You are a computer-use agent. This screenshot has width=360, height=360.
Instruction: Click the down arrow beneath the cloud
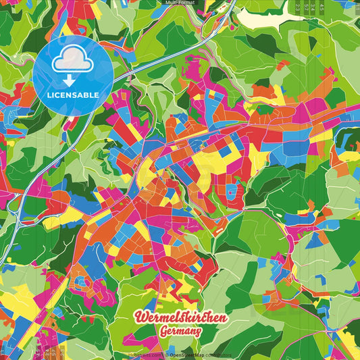[x=72, y=80]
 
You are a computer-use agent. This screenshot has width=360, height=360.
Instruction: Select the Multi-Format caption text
[x=180, y=3]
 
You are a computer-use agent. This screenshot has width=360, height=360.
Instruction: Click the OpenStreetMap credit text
[x=188, y=354]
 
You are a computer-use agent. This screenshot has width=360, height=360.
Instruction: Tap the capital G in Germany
[x=164, y=332]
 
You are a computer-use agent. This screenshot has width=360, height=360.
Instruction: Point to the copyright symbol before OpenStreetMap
[x=167, y=354]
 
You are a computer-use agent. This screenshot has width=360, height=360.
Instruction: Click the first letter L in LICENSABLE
[x=49, y=95]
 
